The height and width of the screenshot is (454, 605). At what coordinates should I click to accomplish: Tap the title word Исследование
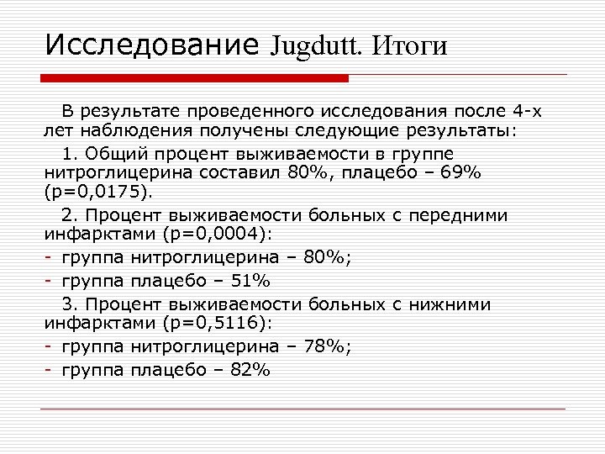(151, 44)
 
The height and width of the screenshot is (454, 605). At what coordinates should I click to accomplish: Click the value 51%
(250, 280)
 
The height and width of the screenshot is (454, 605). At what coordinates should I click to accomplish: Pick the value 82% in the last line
(250, 368)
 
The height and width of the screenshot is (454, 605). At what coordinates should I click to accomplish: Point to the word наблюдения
(126, 132)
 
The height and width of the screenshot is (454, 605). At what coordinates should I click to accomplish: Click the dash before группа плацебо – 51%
(50, 280)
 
